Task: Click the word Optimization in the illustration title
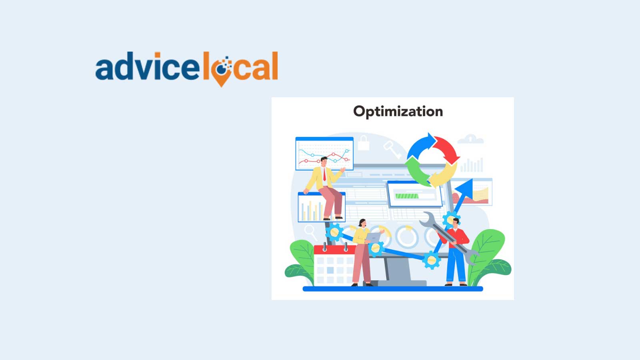398,112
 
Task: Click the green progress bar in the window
407,196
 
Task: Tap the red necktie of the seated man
324,174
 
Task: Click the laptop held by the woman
373,238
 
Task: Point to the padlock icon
363,143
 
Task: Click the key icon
392,150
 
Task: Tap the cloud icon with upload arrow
470,139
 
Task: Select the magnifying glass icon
309,231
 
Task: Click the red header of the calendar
334,250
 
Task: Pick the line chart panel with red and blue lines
324,154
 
